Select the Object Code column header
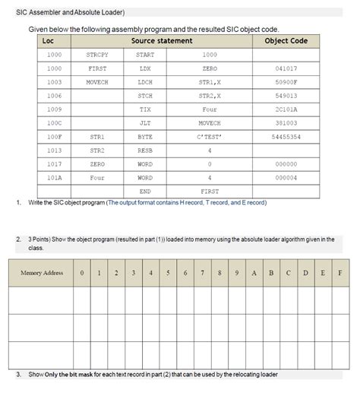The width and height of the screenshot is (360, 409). tap(286, 40)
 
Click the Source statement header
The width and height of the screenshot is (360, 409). tap(162, 40)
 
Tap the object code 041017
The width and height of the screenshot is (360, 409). tap(286, 68)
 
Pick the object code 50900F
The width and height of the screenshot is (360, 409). tap(286, 82)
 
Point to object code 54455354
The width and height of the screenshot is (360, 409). tap(286, 137)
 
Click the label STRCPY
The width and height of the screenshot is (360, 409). tap(98, 55)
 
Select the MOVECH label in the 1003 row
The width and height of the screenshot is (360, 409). tap(98, 82)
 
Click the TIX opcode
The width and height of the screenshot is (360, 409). tap(145, 109)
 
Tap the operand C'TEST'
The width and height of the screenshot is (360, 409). tap(209, 137)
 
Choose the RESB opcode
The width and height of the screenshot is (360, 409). tap(145, 151)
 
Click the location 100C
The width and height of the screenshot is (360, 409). tap(54, 123)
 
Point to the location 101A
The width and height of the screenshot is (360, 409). tap(54, 178)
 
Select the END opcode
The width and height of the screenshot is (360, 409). tap(145, 192)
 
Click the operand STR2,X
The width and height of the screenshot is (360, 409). tap(210, 96)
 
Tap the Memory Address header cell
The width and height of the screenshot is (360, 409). tap(42, 272)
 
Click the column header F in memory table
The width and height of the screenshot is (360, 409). tap(339, 272)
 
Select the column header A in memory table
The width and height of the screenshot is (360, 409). tap(256, 272)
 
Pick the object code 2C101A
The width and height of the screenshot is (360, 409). tap(286, 109)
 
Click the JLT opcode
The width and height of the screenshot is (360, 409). tap(145, 123)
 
